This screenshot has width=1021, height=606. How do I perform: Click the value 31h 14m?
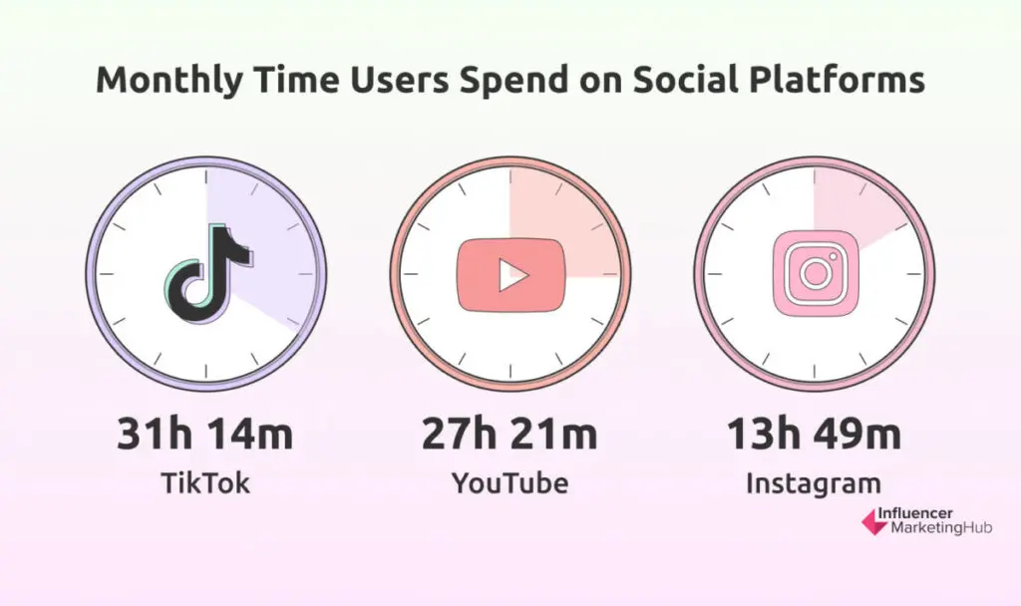(x=206, y=436)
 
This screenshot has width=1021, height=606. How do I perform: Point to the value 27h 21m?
(x=510, y=436)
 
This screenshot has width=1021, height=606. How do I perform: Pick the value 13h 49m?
(x=814, y=436)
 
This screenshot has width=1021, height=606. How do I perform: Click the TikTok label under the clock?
(x=205, y=483)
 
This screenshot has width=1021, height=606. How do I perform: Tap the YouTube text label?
(x=510, y=483)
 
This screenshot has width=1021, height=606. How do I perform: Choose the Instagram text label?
(x=814, y=484)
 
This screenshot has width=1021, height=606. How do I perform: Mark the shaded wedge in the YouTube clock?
(x=558, y=229)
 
